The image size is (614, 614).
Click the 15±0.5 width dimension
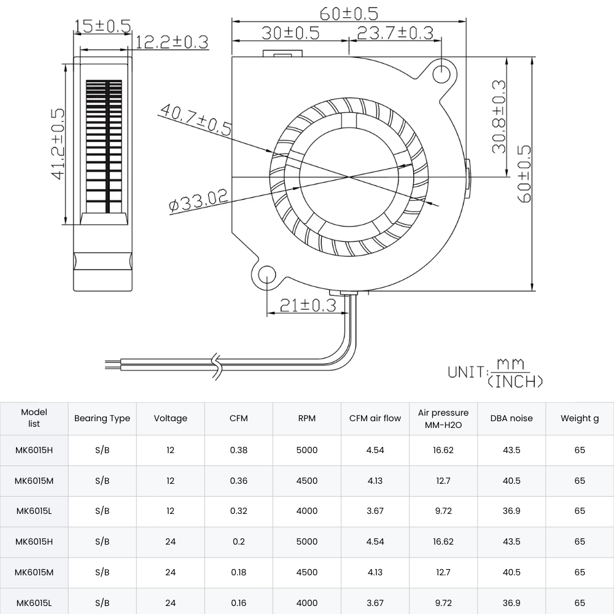click(x=102, y=25)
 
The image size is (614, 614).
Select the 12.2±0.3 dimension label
click(x=172, y=42)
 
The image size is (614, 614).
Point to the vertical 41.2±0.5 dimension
click(x=57, y=144)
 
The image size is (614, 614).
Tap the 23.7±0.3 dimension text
click(x=395, y=33)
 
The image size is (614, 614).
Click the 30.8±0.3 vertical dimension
click(x=498, y=116)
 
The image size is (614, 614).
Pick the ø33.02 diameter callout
click(x=198, y=200)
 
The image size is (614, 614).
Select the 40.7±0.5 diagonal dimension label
click(x=195, y=119)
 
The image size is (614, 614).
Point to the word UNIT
click(x=465, y=371)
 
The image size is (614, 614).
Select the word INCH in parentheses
click(x=515, y=381)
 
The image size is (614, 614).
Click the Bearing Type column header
click(x=102, y=418)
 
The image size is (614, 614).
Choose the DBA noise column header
click(x=511, y=418)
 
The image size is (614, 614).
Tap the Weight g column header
click(x=580, y=418)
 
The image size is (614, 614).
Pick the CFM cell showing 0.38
click(x=238, y=450)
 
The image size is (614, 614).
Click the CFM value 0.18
click(x=238, y=572)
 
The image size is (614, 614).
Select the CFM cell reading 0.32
click(x=238, y=511)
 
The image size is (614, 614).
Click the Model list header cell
click(x=34, y=418)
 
